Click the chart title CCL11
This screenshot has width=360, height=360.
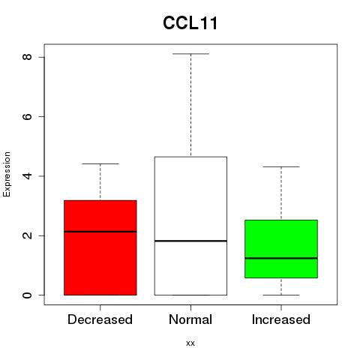click(190, 23)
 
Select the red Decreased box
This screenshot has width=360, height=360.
click(100, 247)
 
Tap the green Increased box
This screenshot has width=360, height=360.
click(281, 249)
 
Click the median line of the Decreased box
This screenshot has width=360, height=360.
click(100, 232)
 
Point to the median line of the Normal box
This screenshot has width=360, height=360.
click(190, 241)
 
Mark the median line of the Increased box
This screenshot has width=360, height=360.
click(281, 258)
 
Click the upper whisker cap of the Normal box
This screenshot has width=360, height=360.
click(190, 54)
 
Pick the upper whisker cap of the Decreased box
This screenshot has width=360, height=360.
click(100, 163)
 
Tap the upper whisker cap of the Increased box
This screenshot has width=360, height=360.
click(281, 166)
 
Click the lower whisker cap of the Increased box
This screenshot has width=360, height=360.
click(281, 295)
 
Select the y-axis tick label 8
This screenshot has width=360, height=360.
click(27, 57)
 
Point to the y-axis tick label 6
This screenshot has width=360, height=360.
click(27, 116)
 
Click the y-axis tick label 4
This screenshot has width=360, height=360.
click(27, 176)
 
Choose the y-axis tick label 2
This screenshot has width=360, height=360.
click(27, 235)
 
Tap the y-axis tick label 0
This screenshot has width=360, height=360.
click(27, 295)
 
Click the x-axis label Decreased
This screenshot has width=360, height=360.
click(100, 319)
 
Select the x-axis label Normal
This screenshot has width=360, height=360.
click(190, 319)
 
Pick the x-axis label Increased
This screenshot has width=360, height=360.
click(281, 319)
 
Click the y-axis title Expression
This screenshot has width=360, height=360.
click(7, 175)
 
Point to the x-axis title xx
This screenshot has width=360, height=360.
click(190, 343)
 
